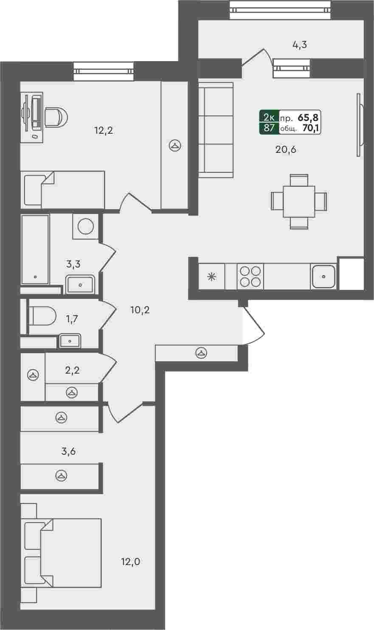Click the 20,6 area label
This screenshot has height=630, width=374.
tap(286, 150)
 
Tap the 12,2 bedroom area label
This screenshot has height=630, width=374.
tap(104, 130)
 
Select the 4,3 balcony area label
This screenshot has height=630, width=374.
tap(299, 45)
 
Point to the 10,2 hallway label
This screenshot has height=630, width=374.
tap(140, 310)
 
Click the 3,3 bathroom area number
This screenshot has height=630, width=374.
tap(73, 264)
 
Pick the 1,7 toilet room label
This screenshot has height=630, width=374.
tap(72, 319)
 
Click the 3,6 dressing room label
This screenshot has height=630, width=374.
tap(69, 451)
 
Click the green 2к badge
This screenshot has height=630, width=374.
tap(269, 117)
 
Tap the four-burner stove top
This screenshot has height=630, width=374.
tap(250, 276)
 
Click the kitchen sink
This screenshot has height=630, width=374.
tap(323, 276)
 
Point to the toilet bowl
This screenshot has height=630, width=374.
tap(42, 316)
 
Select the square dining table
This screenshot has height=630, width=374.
tap(299, 201)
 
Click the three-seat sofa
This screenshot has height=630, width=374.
tap(216, 130)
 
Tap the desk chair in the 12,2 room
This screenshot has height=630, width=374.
tap(56, 117)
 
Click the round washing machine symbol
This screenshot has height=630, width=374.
tap(86, 226)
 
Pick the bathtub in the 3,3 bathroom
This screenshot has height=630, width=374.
tap(35, 250)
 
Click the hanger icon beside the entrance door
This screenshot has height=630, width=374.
tap(201, 353)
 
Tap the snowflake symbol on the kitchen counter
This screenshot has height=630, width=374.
tap(211, 277)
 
